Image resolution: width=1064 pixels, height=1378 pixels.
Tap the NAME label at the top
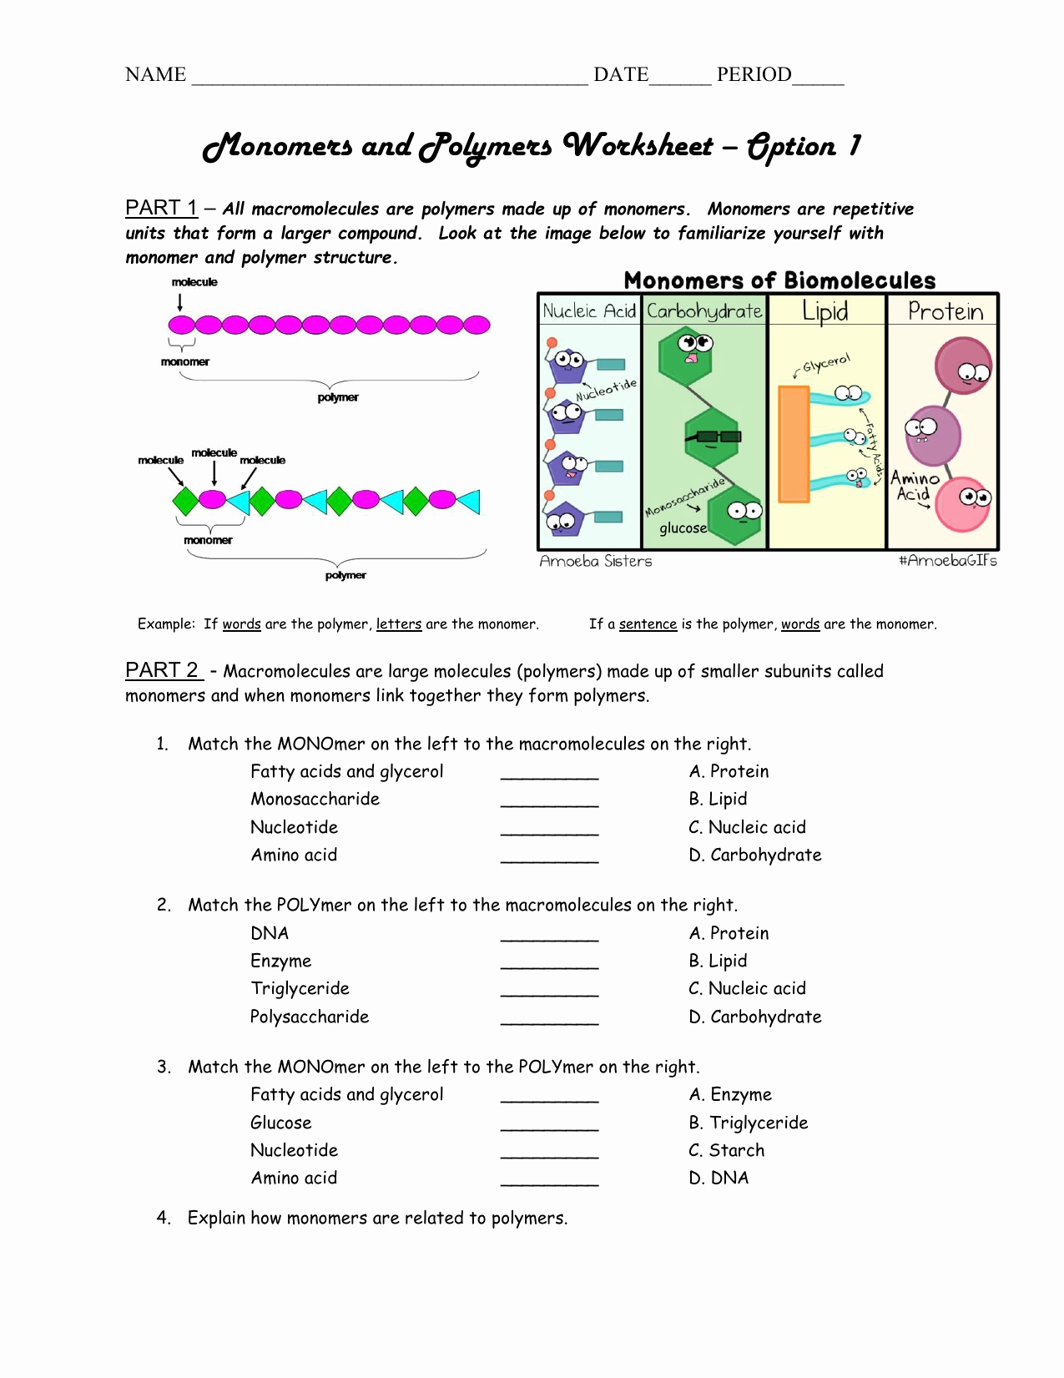pyautogui.click(x=155, y=75)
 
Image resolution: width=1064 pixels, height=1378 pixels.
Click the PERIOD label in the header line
pyautogui.click(x=754, y=75)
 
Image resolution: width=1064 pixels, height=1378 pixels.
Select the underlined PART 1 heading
pyautogui.click(x=161, y=208)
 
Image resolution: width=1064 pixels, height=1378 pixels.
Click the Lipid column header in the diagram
pyautogui.click(x=824, y=310)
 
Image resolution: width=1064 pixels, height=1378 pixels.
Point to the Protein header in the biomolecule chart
pyautogui.click(x=945, y=311)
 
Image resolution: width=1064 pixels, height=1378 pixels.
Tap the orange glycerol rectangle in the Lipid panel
pyautogui.click(x=793, y=443)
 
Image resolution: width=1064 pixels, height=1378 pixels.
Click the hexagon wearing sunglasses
pyautogui.click(x=711, y=437)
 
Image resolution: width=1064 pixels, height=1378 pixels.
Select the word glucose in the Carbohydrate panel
pyautogui.click(x=683, y=528)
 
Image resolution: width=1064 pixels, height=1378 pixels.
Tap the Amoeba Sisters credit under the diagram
pyautogui.click(x=595, y=562)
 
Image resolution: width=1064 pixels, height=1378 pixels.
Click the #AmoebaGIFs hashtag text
pyautogui.click(x=947, y=561)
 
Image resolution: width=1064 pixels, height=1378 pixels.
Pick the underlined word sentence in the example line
pyautogui.click(x=648, y=624)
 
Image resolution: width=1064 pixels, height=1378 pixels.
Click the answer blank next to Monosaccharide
pyautogui.click(x=549, y=801)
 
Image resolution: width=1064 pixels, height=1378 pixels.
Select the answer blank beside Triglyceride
pyautogui.click(x=549, y=991)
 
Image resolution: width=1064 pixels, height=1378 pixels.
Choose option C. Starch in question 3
pyautogui.click(x=726, y=1150)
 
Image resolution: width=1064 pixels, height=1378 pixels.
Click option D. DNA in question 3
pyautogui.click(x=719, y=1178)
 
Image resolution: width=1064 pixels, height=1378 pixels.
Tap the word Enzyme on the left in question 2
pyautogui.click(x=280, y=961)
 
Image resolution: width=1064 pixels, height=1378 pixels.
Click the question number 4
pyautogui.click(x=164, y=1218)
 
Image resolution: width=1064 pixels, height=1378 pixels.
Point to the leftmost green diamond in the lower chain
pyautogui.click(x=185, y=501)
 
